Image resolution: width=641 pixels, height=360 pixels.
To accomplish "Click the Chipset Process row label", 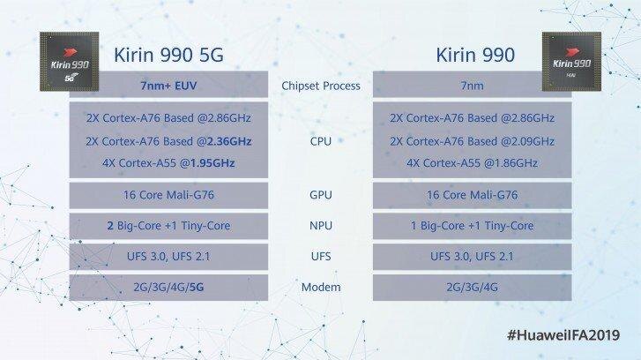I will click(x=320, y=86).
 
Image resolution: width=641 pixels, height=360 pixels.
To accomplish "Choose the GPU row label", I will click(x=320, y=199).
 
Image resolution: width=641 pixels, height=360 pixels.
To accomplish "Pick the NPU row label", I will click(x=320, y=227).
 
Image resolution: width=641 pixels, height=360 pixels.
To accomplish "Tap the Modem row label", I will click(x=320, y=287).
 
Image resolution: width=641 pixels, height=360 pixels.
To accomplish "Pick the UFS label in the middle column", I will click(x=320, y=257).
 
